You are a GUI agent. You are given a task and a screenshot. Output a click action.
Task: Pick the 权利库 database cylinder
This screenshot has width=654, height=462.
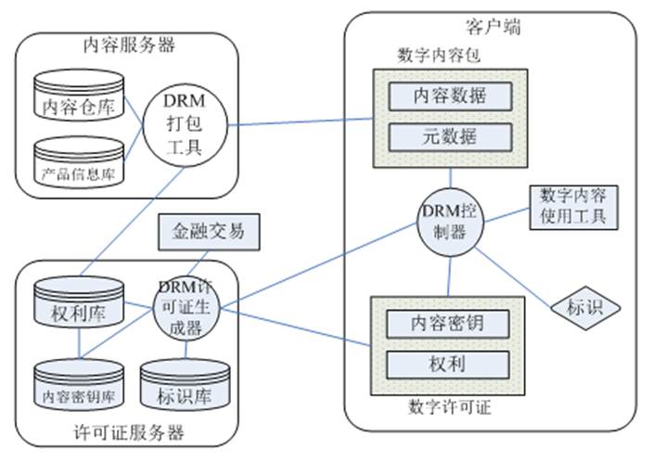[x=78, y=307]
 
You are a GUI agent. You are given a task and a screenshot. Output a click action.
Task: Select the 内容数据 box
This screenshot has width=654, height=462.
[x=449, y=94]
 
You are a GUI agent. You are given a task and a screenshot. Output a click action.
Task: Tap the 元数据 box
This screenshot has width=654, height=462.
[x=449, y=135]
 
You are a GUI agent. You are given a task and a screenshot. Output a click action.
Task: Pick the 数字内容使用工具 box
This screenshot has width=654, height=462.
[x=572, y=207]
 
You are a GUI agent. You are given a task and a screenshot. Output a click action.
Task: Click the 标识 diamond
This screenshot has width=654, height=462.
[x=583, y=306]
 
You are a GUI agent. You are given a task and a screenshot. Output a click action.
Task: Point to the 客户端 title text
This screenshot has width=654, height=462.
[x=492, y=26]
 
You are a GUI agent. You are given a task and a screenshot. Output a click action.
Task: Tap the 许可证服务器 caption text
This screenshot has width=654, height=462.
[x=128, y=433]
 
